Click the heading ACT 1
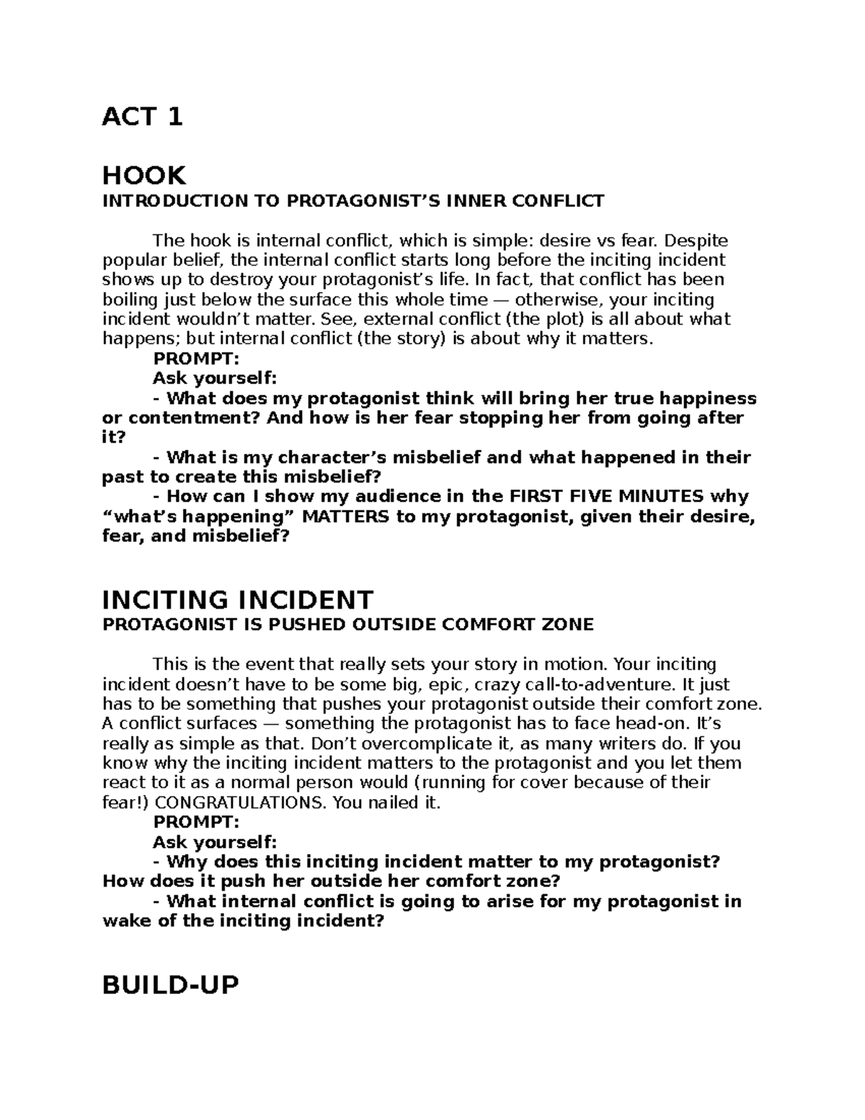[142, 116]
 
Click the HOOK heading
[144, 175]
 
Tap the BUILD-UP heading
[170, 984]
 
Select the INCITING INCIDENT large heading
[238, 599]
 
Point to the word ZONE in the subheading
[569, 625]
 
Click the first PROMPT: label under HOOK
[195, 358]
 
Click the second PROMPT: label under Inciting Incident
[195, 822]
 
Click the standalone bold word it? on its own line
[114, 438]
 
